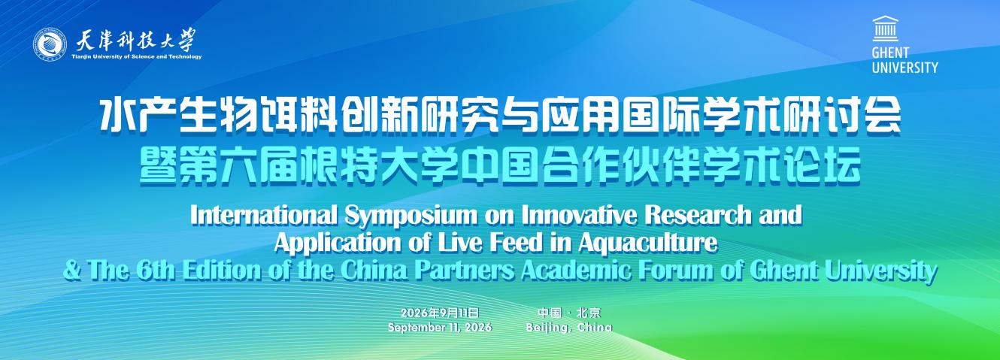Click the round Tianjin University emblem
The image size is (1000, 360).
pos(50,44)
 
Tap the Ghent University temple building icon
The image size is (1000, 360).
pos(886,29)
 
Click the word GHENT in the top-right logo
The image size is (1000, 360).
pos(891,53)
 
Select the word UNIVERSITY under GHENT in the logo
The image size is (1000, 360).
pos(905,68)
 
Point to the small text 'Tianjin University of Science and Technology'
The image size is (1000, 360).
pos(137,56)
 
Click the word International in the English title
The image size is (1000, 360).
pos(264,215)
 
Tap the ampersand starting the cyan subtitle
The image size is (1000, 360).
pos(72,271)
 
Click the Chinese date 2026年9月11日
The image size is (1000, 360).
pos(440,312)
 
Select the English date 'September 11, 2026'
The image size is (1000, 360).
pos(440,328)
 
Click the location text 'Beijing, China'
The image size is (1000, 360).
pos(568,328)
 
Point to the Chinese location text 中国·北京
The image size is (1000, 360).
pos(569,312)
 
